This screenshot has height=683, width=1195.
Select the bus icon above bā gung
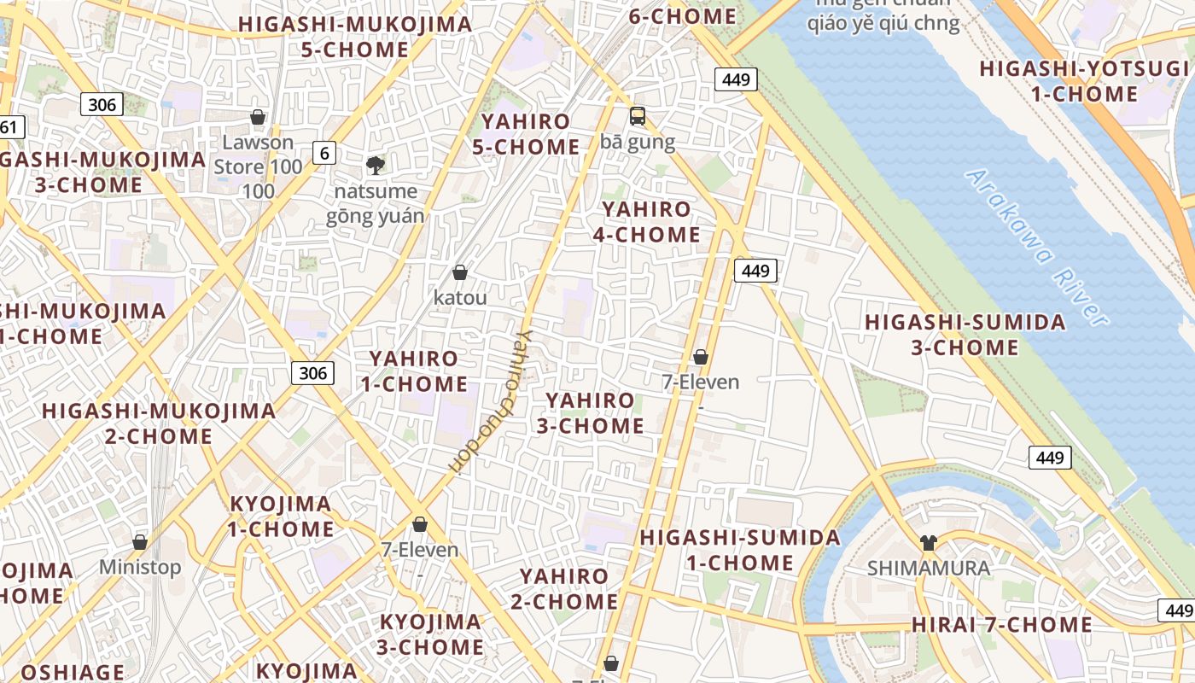pyautogui.click(x=638, y=116)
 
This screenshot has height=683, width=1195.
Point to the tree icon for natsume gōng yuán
pyautogui.click(x=374, y=165)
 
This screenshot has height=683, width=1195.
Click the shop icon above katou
pyautogui.click(x=460, y=272)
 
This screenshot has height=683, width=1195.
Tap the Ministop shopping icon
pyautogui.click(x=140, y=542)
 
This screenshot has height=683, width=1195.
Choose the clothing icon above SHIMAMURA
pyautogui.click(x=929, y=542)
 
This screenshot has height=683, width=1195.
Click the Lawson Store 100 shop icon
pyautogui.click(x=258, y=117)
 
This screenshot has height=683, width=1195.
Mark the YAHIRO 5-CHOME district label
pyautogui.click(x=526, y=134)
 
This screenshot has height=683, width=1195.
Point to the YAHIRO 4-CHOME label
pyautogui.click(x=646, y=222)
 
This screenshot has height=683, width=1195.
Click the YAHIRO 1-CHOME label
pyautogui.click(x=414, y=371)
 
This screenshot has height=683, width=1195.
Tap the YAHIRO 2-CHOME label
pyautogui.click(x=564, y=589)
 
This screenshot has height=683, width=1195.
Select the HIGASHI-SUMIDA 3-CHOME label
pyautogui.click(x=965, y=335)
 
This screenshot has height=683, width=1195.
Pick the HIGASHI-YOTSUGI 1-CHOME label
pyautogui.click(x=1083, y=81)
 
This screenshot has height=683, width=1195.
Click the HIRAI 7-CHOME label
pyautogui.click(x=1001, y=625)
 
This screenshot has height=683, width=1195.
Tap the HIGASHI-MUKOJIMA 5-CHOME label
pyautogui.click(x=355, y=37)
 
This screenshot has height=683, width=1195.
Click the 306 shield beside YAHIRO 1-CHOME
pyautogui.click(x=312, y=373)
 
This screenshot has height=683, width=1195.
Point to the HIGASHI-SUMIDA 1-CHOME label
pyautogui.click(x=740, y=550)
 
